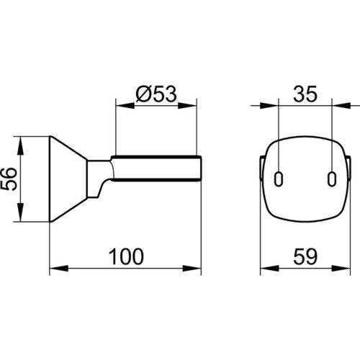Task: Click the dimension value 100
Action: tap(126, 256)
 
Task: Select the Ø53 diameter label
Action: tap(156, 94)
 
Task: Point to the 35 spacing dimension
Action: tap(305, 94)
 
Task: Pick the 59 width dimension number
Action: tap(305, 256)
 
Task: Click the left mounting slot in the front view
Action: tap(279, 179)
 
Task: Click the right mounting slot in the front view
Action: tap(332, 179)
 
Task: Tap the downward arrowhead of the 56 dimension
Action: tap(20, 212)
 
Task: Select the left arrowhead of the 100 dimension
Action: tap(59, 269)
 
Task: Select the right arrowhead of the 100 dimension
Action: tap(192, 269)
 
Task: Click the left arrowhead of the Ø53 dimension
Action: tap(125, 106)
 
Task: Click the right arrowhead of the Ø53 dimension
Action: tap(187, 106)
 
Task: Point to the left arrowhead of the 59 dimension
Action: tap(270, 269)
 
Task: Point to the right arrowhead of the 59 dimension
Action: tap(341, 269)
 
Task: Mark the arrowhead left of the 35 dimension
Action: tap(269, 106)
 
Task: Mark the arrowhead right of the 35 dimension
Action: tap(341, 106)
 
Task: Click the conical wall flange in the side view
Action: tap(68, 179)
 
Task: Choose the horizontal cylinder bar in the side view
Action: tap(156, 168)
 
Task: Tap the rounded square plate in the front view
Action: tap(305, 179)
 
